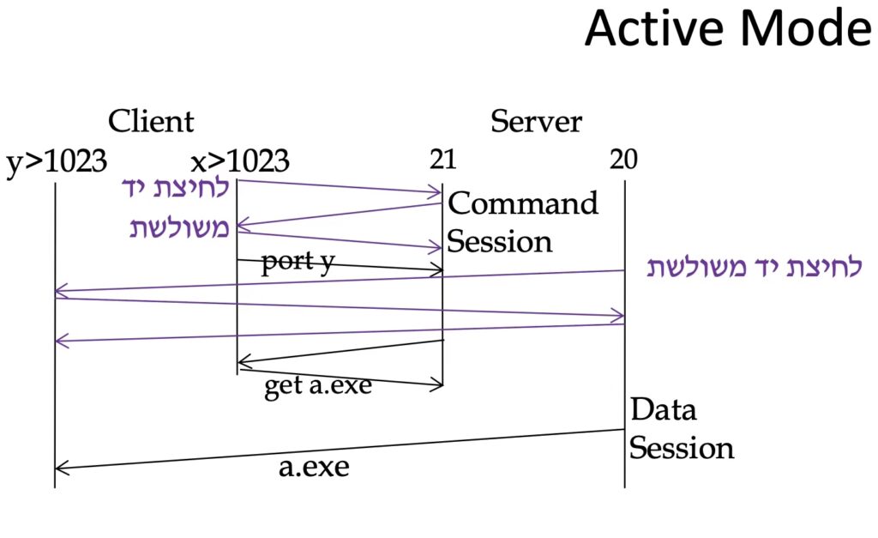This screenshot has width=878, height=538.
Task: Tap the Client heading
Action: pos(151,121)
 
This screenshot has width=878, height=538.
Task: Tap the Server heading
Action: pos(536,121)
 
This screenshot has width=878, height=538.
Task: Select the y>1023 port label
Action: pos(57,161)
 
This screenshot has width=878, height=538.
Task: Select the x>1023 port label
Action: pos(240,161)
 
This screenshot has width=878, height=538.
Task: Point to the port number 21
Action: pos(443,161)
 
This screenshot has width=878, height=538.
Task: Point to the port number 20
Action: pos(624,161)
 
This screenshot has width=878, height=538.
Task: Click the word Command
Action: pos(523,204)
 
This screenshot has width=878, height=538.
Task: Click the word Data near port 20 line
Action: pos(663,409)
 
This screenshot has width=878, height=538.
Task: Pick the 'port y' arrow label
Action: pos(298,262)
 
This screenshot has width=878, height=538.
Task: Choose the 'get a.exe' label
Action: pos(317,386)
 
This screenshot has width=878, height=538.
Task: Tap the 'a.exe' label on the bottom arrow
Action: pos(314,468)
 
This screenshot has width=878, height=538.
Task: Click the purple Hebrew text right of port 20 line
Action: pos(754,268)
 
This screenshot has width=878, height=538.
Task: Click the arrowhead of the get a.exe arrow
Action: pos(438,385)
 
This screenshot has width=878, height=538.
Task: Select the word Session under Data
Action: pos(682,448)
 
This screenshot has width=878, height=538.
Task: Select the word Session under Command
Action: pos(500,242)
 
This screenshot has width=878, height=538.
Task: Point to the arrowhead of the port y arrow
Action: pos(438,271)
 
